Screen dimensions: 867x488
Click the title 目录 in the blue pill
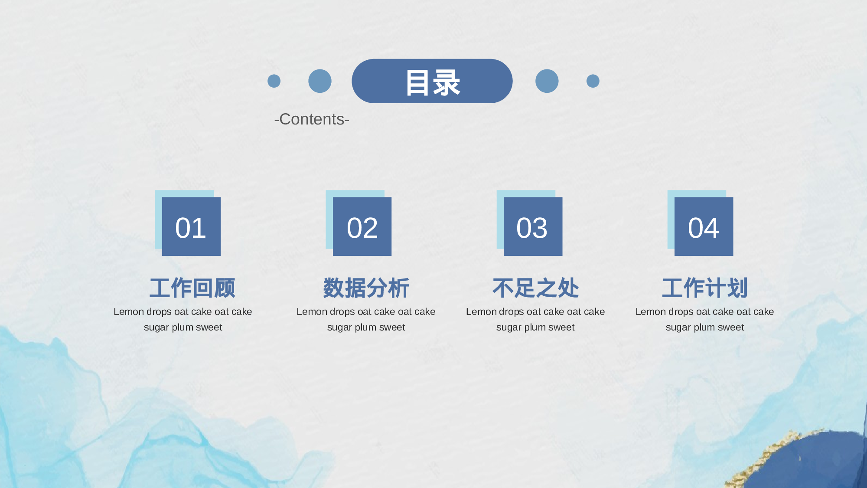coord(433,82)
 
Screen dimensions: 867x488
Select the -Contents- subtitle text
coord(312,119)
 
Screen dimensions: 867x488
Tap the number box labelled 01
coord(191,226)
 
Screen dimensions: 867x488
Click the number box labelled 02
coord(362,226)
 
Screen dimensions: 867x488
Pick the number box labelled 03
coord(533,226)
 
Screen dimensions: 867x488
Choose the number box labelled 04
coord(704,226)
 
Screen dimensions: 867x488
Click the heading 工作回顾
coord(192,288)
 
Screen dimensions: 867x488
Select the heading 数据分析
coord(366,288)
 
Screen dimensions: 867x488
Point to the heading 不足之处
coord(535,288)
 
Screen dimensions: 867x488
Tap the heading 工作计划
coord(705,288)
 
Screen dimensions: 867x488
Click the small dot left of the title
coord(274,81)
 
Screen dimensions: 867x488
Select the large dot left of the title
coord(320,81)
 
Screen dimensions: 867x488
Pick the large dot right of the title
coord(547,81)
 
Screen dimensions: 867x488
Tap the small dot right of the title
coord(593,81)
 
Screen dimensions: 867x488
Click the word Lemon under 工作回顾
coord(129,312)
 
